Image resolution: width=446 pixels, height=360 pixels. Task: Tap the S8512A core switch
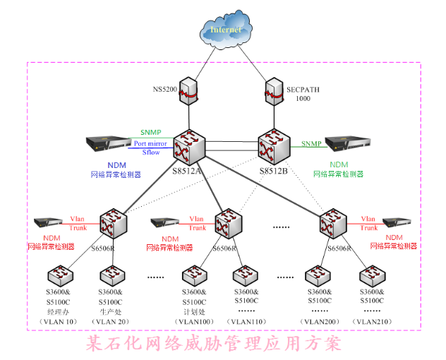188,147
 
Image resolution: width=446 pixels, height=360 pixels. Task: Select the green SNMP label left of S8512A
150,132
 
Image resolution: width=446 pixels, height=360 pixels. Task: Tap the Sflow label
150,152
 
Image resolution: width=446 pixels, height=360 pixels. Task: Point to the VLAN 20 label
111,322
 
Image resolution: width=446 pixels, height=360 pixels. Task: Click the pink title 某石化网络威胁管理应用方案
213,344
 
